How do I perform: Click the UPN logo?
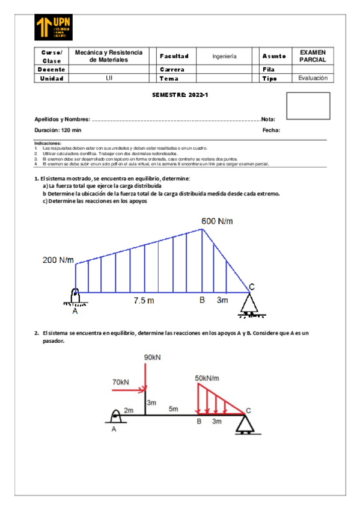point(54,28)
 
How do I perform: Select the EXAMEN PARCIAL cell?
point(313,57)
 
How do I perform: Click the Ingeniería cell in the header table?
point(225,57)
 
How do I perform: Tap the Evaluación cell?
point(313,78)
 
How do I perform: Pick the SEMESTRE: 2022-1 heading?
point(180,95)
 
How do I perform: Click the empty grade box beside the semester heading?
point(308,106)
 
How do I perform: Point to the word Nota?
point(268,119)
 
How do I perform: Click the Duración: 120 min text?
point(58,130)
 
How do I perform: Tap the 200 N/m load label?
point(58,260)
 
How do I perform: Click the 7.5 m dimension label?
point(144,301)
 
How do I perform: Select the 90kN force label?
point(152,357)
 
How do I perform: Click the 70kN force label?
point(120,382)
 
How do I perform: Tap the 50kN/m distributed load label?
point(207,378)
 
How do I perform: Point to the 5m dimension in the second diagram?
point(173,409)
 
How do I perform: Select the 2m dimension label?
point(129,410)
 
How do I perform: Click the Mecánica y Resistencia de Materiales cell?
point(108,57)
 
